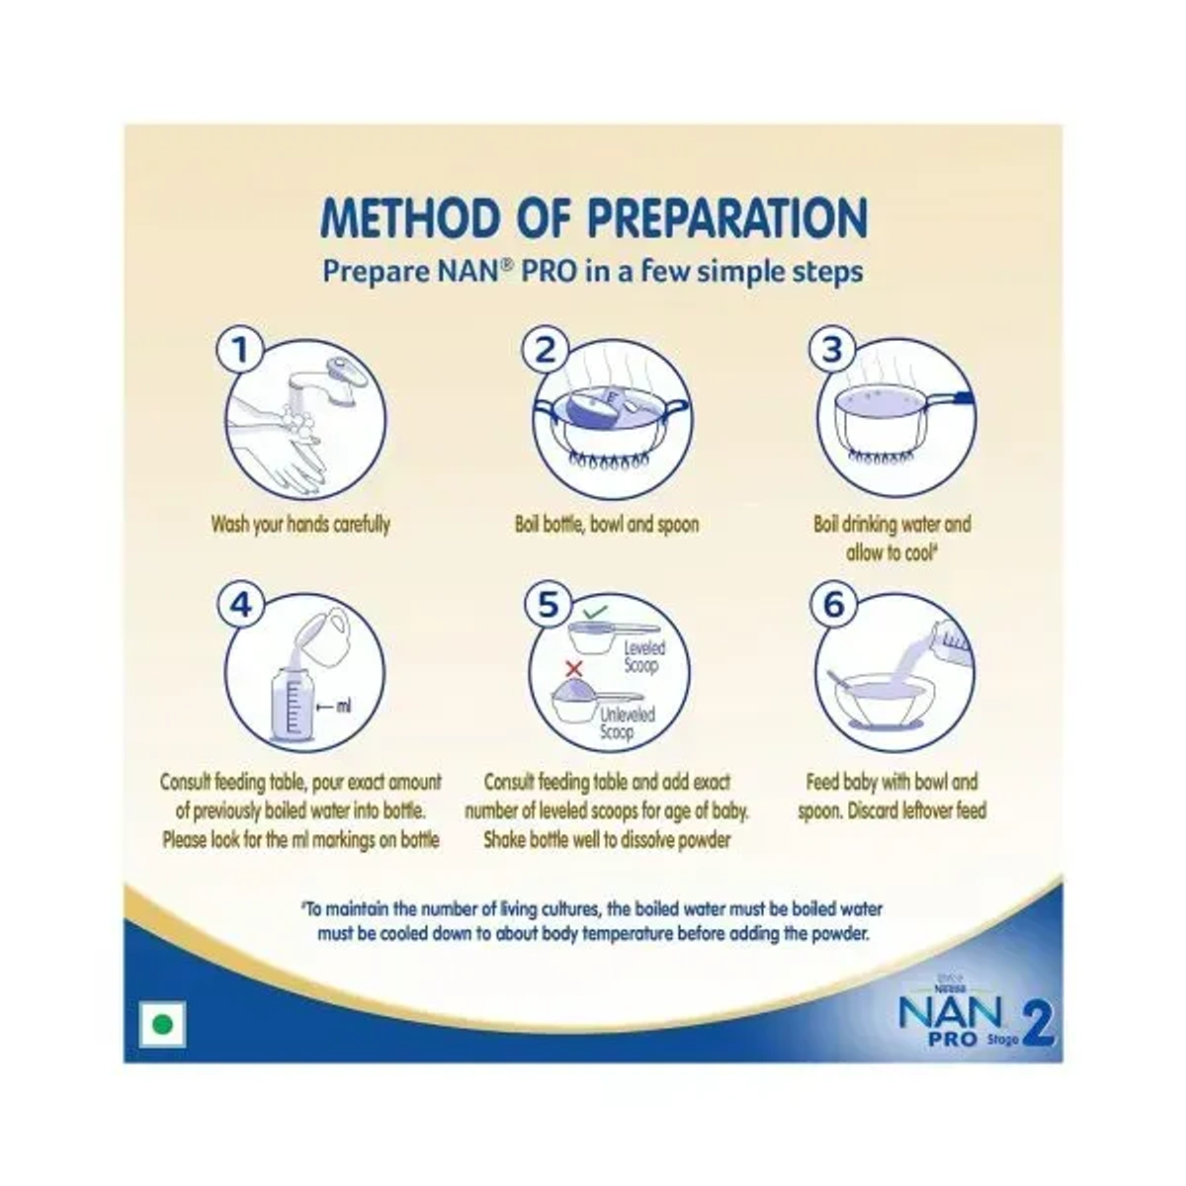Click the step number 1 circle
[x=241, y=351]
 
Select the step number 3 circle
[x=833, y=351]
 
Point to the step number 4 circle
[x=241, y=605]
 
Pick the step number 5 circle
[x=549, y=605]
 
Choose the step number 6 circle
[x=833, y=605]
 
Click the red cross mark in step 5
[x=570, y=669]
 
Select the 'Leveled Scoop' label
[x=644, y=656]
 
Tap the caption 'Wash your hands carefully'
[x=300, y=524]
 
